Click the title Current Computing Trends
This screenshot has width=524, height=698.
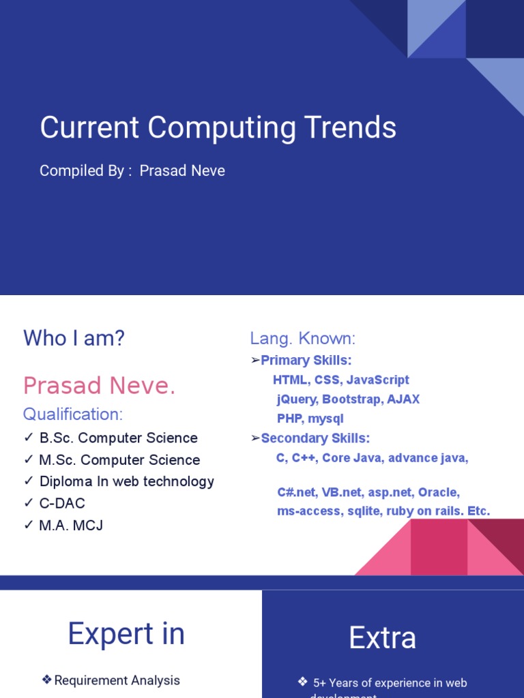[218, 128]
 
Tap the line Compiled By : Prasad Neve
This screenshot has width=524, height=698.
[132, 171]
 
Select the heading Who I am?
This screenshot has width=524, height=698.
[74, 338]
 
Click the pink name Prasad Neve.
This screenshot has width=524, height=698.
[99, 386]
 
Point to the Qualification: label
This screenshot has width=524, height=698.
[73, 414]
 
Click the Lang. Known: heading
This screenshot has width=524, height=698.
[303, 339]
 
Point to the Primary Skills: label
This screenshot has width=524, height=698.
[306, 361]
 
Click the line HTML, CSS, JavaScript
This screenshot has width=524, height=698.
[341, 380]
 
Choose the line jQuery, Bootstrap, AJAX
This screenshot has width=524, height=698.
[348, 399]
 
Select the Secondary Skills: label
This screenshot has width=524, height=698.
[315, 438]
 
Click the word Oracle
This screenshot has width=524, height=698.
[439, 492]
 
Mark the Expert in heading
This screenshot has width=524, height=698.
[126, 634]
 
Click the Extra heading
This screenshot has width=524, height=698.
[382, 638]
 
